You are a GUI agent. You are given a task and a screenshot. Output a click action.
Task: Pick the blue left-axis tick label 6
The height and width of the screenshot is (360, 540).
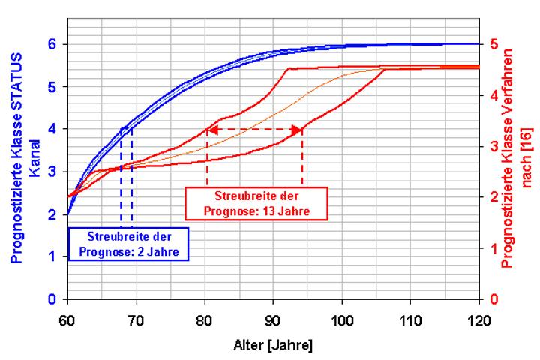pyautogui.click(x=52, y=44)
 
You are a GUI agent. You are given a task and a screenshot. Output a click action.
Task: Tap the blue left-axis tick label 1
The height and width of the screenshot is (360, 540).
pyautogui.click(x=52, y=256)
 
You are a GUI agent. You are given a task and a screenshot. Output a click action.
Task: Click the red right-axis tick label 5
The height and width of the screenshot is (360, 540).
pyautogui.click(x=491, y=44)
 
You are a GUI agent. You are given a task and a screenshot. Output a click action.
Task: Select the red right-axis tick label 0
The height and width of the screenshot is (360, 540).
pyautogui.click(x=491, y=299)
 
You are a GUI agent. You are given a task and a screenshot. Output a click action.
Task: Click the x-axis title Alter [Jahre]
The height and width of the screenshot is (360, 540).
pyautogui.click(x=273, y=346)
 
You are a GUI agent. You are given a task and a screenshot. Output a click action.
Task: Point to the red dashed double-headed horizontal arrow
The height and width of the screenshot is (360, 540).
pyautogui.click(x=254, y=129)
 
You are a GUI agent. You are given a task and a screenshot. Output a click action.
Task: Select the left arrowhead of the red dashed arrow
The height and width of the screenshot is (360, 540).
pyautogui.click(x=211, y=129)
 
